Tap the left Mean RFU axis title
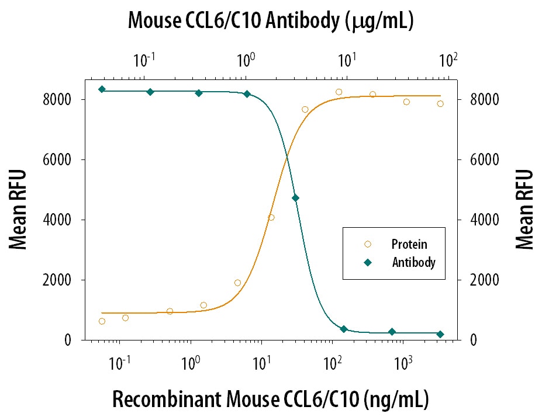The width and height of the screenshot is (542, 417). pyautogui.click(x=19, y=210)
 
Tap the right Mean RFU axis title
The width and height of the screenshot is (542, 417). pyautogui.click(x=524, y=210)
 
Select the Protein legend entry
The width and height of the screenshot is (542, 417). pyautogui.click(x=409, y=244)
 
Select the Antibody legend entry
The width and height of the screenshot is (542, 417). pyautogui.click(x=413, y=263)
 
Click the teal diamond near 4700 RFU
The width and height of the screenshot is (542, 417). pyautogui.click(x=295, y=198)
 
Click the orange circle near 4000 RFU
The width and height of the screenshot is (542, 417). pyautogui.click(x=271, y=217)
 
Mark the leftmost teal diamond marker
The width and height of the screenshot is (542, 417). pyautogui.click(x=102, y=89)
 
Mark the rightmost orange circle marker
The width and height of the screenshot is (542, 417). pyautogui.click(x=440, y=103)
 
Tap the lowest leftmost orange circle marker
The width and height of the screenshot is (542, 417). pyautogui.click(x=102, y=321)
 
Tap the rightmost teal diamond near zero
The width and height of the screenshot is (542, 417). pyautogui.click(x=440, y=334)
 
